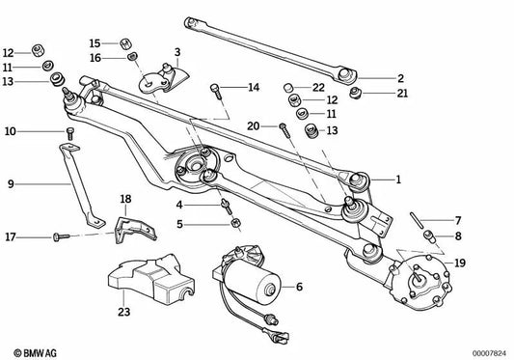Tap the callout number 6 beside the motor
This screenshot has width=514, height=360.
coord(300,287)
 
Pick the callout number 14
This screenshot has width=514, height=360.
coord(254,88)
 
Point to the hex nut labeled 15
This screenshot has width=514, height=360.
coord(125,42)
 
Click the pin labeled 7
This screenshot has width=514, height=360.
coord(421,231)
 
